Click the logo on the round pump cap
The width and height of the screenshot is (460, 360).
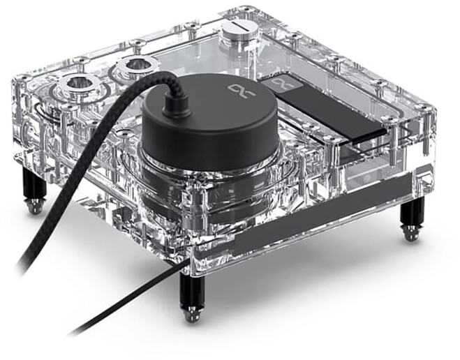tap(239, 89)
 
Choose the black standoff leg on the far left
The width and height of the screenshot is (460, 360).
tap(34, 184)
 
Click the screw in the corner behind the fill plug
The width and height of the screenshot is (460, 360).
tap(246, 10)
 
